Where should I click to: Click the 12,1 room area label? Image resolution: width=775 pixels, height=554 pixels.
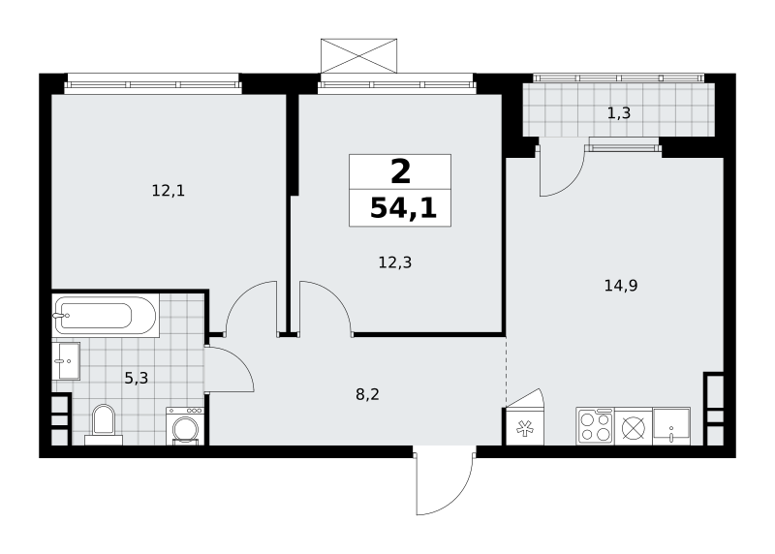(x=169, y=191)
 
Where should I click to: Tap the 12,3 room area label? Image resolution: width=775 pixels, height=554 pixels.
(x=395, y=262)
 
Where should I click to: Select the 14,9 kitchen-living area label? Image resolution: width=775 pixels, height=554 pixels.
(x=621, y=285)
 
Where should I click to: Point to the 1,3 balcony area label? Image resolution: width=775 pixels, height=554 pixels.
(x=619, y=113)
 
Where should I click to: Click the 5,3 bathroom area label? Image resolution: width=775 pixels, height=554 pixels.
(x=136, y=379)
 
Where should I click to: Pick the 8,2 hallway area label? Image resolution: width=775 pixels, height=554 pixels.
(x=368, y=394)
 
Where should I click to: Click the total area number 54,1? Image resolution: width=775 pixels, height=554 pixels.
(x=403, y=207)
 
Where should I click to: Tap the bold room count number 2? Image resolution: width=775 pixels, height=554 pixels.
(x=400, y=172)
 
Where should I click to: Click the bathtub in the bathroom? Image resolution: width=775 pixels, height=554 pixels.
(x=106, y=316)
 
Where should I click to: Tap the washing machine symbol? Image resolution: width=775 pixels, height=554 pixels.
(x=185, y=426)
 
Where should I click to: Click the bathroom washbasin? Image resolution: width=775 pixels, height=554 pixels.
(x=66, y=360)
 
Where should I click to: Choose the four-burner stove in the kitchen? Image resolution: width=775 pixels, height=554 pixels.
(x=595, y=426)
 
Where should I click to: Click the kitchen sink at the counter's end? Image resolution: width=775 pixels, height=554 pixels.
(x=671, y=426)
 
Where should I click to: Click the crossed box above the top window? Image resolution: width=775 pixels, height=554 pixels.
(x=358, y=56)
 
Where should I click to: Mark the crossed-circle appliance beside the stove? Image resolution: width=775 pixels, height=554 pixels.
(x=634, y=427)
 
